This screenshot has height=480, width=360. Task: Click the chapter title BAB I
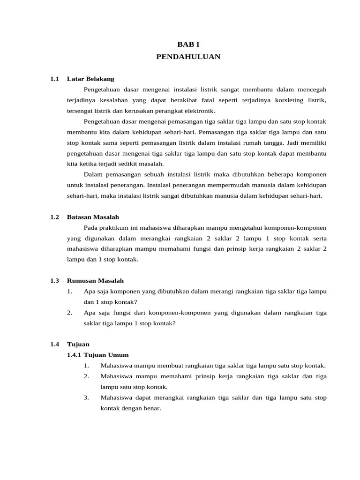coord(188,45)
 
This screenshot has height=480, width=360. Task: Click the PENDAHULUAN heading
coord(188,57)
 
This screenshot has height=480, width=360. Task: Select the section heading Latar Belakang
coord(90,79)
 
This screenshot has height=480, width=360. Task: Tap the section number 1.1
coord(54,79)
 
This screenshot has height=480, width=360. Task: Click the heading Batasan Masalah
coord(93,217)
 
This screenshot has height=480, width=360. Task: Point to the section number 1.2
coord(54,217)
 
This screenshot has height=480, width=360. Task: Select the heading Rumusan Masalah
coord(95,281)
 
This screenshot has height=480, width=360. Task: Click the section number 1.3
coord(54,281)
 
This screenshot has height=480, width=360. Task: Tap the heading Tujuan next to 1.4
coord(78,344)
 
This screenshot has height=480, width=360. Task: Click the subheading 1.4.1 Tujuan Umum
coord(98,355)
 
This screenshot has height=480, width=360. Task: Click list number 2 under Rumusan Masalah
coord(69,313)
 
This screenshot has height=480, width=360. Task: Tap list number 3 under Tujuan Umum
coord(87,397)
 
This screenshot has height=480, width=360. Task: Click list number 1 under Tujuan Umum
coord(87,366)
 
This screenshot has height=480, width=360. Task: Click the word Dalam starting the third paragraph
coord(93,175)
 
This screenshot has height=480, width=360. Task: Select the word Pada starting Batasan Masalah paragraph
coord(90,228)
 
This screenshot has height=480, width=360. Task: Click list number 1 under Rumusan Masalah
coord(69,292)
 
